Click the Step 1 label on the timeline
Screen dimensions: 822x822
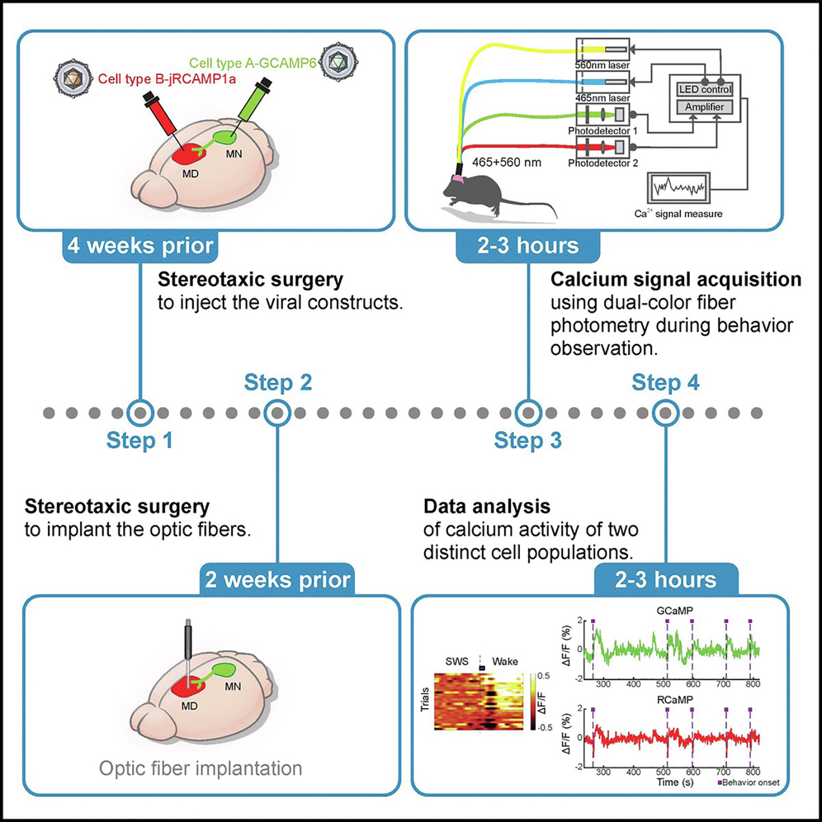(x=140, y=442)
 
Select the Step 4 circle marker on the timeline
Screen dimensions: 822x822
(x=664, y=411)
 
